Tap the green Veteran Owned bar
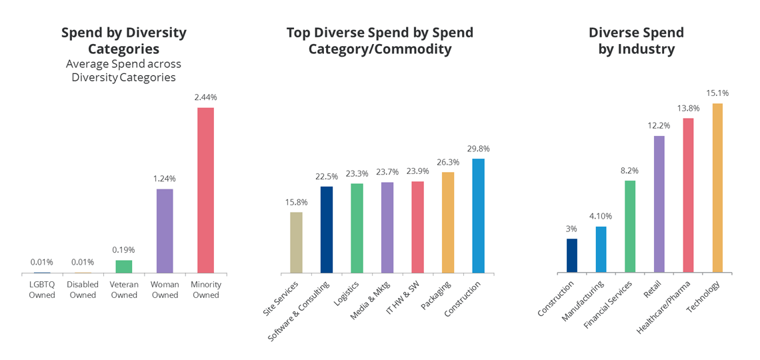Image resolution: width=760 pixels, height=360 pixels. click(124, 266)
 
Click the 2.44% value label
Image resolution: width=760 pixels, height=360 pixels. click(205, 97)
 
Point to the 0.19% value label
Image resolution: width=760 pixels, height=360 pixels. click(124, 250)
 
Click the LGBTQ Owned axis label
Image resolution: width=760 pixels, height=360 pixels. click(42, 290)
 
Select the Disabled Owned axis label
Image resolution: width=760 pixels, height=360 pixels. click(83, 290)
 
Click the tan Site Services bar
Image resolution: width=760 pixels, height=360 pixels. click(296, 243)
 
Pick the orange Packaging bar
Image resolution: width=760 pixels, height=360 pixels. click(448, 223)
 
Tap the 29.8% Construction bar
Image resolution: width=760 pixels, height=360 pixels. click(478, 216)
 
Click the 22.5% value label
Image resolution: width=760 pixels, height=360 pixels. click(327, 177)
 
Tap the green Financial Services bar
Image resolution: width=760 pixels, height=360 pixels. click(630, 227)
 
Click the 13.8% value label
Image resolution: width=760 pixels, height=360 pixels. click(688, 108)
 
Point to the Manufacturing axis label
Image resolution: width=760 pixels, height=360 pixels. click(584, 301)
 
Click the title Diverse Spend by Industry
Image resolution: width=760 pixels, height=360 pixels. click(636, 41)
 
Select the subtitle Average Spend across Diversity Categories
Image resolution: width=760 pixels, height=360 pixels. click(123, 71)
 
